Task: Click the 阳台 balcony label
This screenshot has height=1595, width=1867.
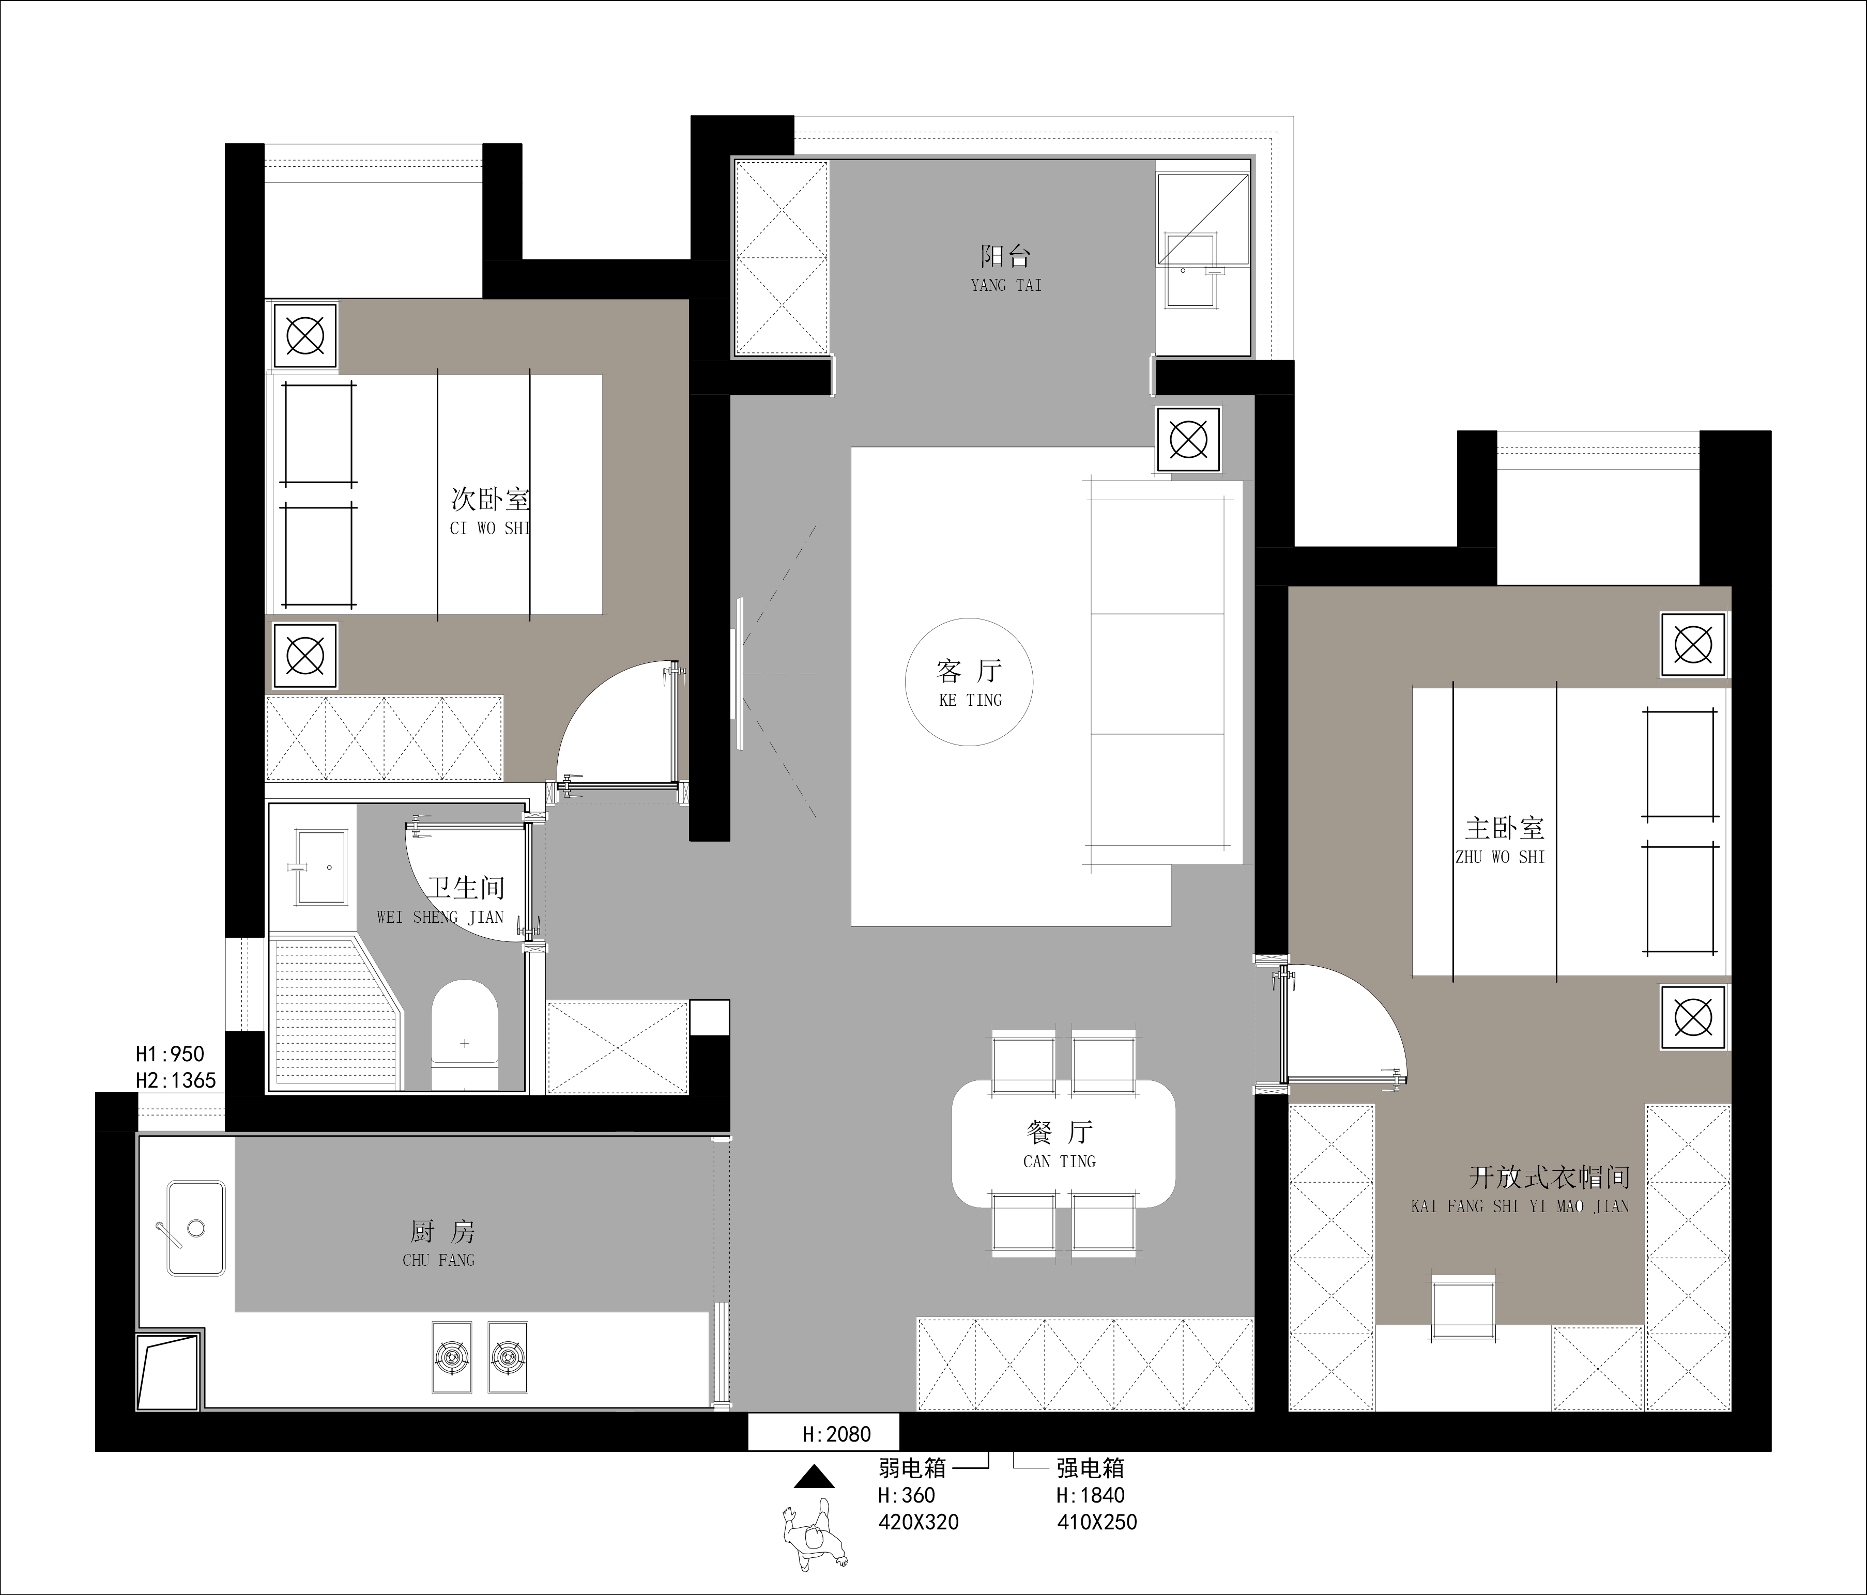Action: click(1005, 257)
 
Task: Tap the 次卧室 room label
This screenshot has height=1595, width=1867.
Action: click(490, 499)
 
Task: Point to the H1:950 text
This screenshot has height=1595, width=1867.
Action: click(170, 1054)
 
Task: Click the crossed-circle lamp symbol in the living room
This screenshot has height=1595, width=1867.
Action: click(1188, 440)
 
